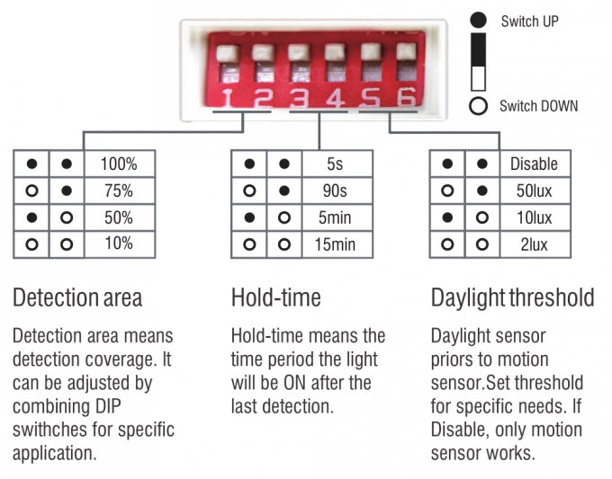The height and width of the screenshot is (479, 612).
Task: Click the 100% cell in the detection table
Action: (x=120, y=164)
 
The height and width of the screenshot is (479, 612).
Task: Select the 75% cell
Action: (x=120, y=191)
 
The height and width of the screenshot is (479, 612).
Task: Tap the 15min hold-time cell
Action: (x=337, y=244)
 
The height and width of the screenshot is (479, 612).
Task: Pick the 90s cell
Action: (x=337, y=191)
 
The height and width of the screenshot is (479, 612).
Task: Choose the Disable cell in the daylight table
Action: (x=535, y=164)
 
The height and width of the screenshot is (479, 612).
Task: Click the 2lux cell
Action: (x=535, y=244)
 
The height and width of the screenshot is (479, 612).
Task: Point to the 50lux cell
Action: (x=535, y=191)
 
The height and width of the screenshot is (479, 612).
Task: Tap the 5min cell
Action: (x=337, y=217)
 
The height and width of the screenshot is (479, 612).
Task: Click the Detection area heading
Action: (x=77, y=297)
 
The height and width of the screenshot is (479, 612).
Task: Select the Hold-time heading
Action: (x=276, y=297)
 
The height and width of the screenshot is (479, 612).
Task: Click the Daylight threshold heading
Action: (x=512, y=298)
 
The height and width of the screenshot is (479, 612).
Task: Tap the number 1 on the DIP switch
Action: (x=229, y=98)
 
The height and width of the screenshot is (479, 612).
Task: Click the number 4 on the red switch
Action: (x=336, y=98)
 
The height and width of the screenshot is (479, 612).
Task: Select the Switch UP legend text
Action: (x=529, y=22)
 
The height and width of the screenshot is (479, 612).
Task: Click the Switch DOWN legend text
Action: (x=538, y=106)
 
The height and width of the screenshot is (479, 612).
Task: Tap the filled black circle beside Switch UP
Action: (x=478, y=21)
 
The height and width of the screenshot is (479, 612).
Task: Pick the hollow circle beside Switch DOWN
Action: (x=478, y=106)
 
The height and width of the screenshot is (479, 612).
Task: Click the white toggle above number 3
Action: (x=300, y=52)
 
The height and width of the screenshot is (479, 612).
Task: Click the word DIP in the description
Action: (x=106, y=406)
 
